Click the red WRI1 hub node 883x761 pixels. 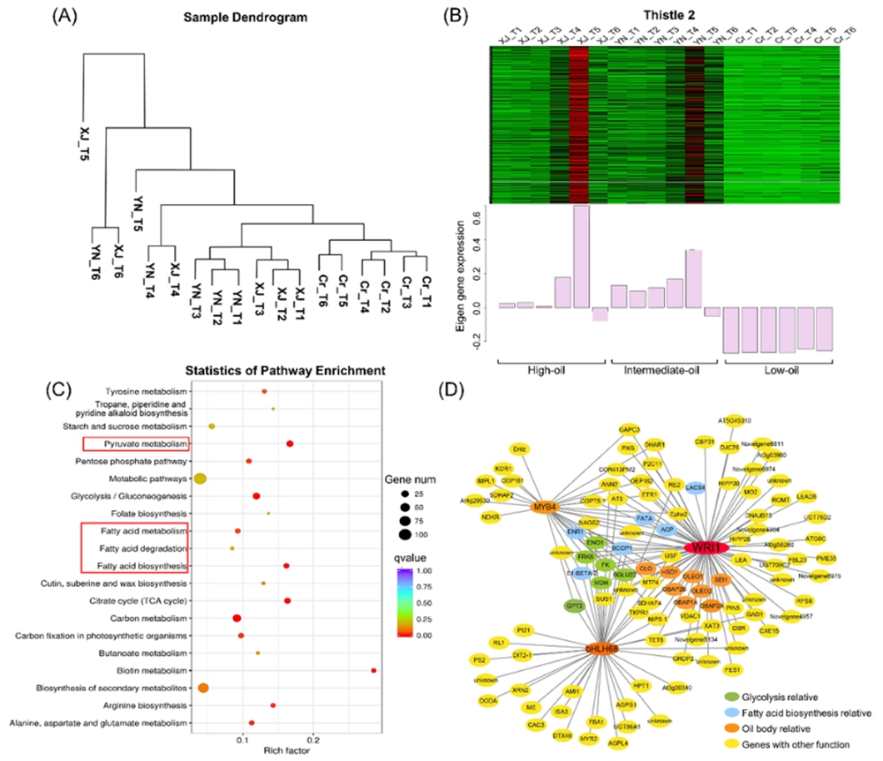coord(704,547)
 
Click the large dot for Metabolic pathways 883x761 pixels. coord(200,478)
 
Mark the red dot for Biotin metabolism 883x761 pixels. coord(374,671)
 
